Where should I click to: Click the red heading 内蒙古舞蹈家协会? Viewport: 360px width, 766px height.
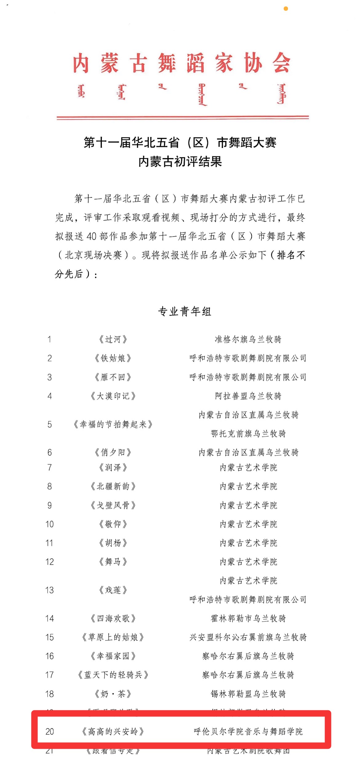point(182,63)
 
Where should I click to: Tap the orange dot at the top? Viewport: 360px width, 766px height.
point(286,9)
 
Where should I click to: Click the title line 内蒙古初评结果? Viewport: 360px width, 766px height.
point(180,162)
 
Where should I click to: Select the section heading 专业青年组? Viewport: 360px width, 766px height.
point(185,311)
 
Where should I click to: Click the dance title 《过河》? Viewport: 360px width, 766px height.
point(113,339)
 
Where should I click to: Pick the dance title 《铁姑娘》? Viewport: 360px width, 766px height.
point(113,358)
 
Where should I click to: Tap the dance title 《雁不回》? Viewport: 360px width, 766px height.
point(113,377)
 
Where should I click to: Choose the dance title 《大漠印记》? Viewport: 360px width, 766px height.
point(113,396)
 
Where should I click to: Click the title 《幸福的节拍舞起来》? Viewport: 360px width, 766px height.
point(113,425)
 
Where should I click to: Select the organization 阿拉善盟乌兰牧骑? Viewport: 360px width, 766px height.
point(248,396)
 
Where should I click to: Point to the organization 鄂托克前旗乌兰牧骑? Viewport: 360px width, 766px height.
point(248,434)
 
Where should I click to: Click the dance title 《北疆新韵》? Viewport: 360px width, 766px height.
point(113,486)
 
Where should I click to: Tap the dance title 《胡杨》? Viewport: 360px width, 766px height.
point(113,543)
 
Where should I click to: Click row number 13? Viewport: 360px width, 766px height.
point(50,590)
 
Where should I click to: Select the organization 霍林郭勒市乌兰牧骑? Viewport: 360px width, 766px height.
point(248,618)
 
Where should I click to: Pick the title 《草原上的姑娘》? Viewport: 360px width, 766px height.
point(113,637)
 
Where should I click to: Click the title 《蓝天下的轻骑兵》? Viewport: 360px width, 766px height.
point(113,675)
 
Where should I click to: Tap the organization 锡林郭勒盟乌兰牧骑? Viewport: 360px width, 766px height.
point(248,694)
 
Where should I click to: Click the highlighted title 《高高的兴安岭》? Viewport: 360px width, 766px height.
point(113,731)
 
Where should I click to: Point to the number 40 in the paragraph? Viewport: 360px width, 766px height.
point(92,236)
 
